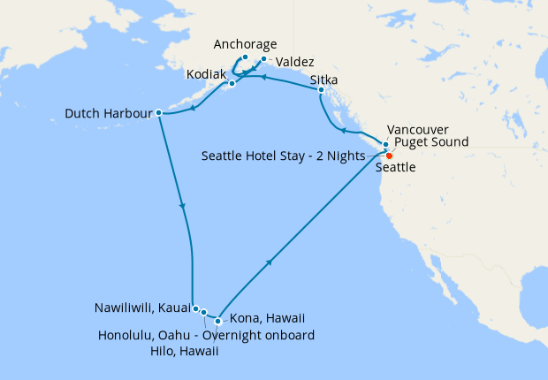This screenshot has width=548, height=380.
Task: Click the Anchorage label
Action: tap(247, 45)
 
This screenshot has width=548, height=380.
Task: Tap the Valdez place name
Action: tap(294, 63)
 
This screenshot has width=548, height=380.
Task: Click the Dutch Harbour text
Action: tap(108, 113)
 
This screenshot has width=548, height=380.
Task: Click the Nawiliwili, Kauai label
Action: tap(141, 309)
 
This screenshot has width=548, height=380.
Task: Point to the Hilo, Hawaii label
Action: tap(184, 351)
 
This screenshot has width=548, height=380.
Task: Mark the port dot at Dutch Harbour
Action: tap(158, 113)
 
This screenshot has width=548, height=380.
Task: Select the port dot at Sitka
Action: tap(320, 91)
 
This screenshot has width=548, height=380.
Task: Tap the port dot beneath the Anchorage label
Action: tap(245, 57)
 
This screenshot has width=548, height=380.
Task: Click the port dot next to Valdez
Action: tap(263, 60)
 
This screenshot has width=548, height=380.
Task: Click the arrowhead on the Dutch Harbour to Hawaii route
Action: tap(183, 206)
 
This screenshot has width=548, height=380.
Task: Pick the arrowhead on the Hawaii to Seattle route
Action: tap(268, 262)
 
